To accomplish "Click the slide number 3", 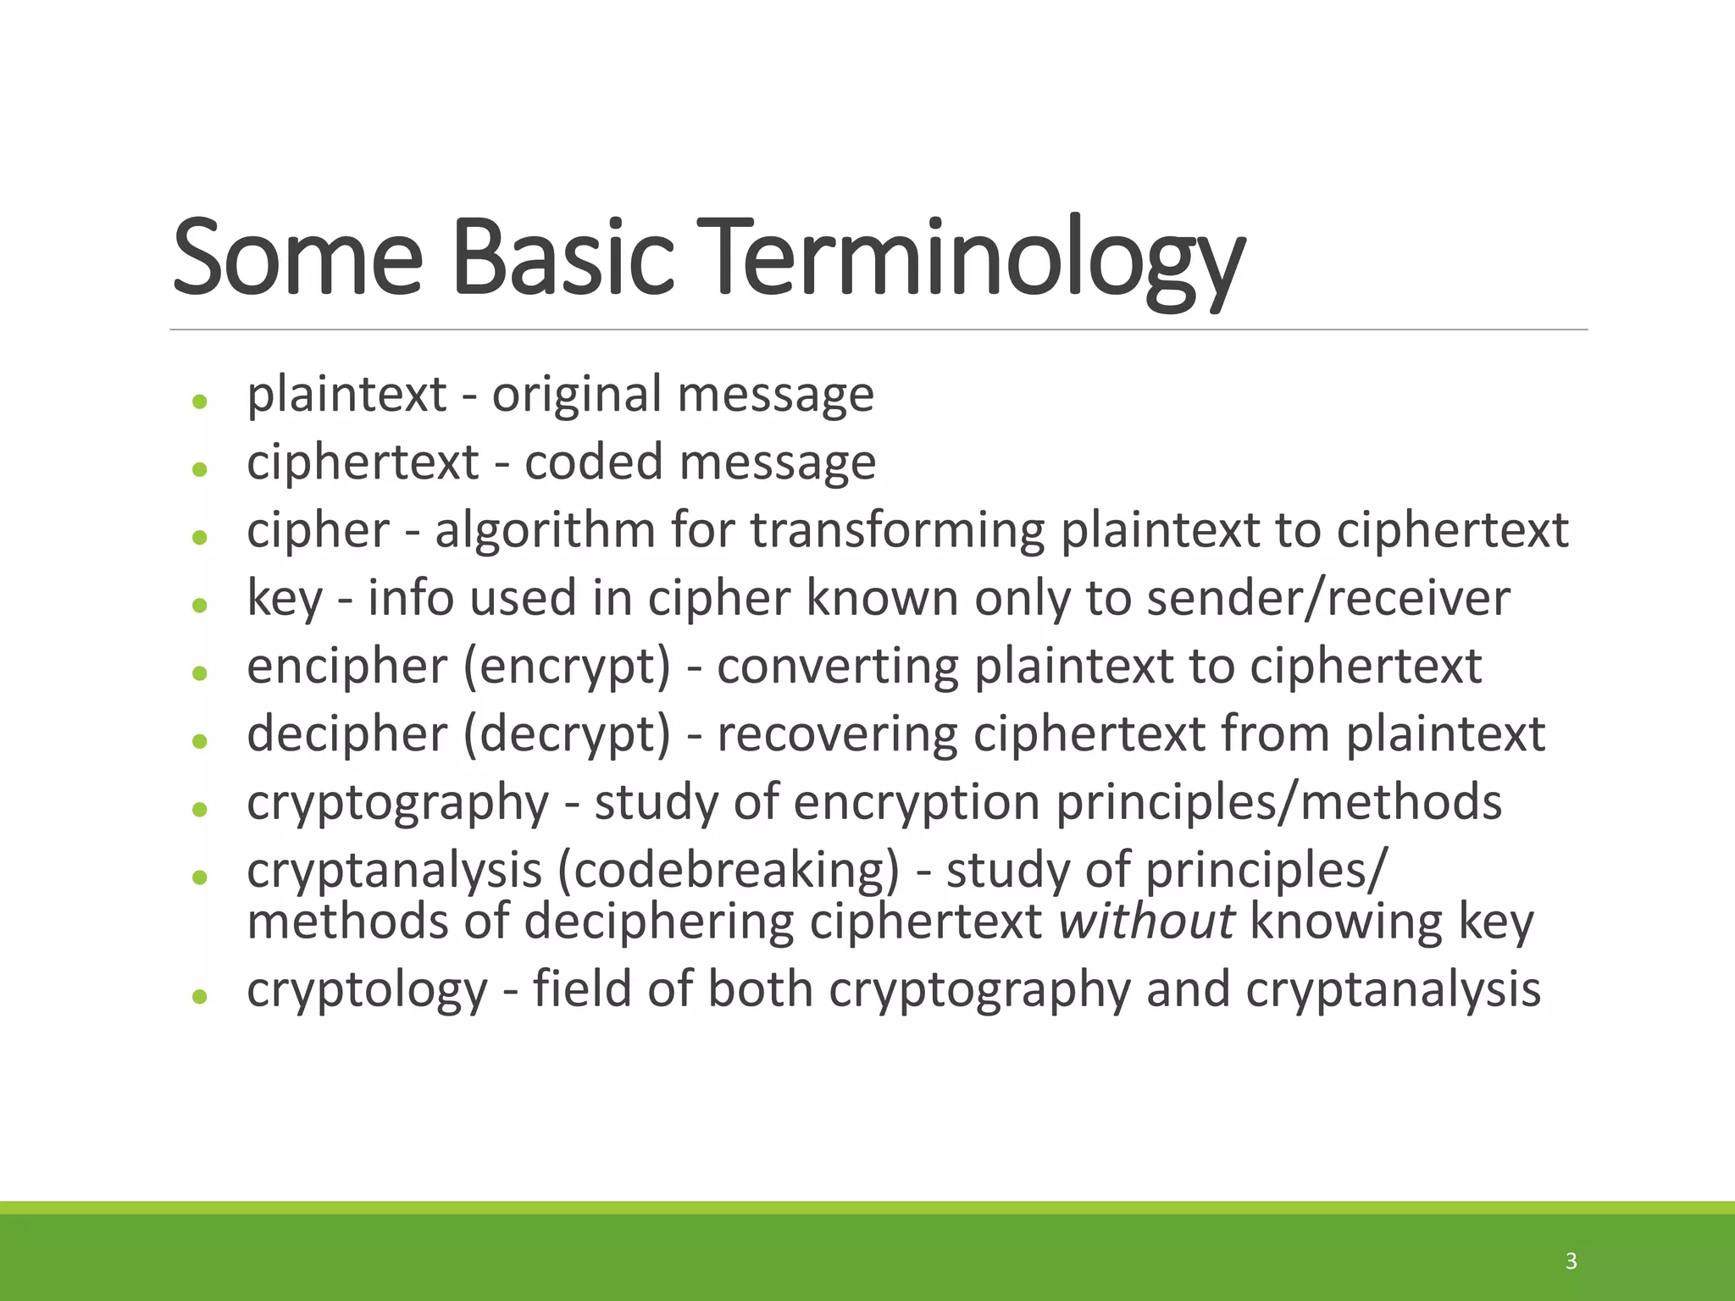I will click(x=1571, y=1261).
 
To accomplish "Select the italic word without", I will click(x=1146, y=922).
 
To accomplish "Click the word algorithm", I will click(x=545, y=531).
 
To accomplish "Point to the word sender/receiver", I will click(x=1328, y=598).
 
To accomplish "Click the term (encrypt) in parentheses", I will click(x=567, y=667).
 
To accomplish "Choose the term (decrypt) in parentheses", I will click(x=567, y=734).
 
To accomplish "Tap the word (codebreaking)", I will click(x=728, y=871).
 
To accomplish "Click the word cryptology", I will click(x=367, y=990).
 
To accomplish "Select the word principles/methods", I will click(x=1278, y=802).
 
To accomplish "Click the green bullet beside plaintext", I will click(x=200, y=401).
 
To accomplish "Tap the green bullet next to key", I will click(x=200, y=605).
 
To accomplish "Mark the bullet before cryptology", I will click(x=200, y=997).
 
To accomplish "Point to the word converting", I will click(x=837, y=667).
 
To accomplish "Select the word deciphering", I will click(x=659, y=922).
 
